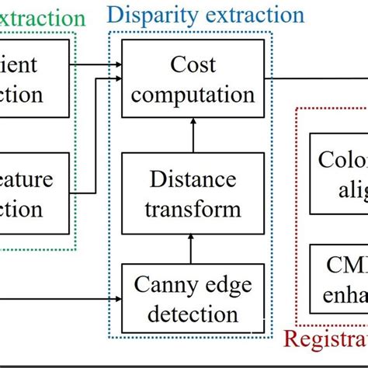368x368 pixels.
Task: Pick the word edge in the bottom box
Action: pos(229,286)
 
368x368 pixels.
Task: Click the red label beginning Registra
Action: pos(325,340)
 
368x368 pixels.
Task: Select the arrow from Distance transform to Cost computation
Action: pos(191,135)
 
